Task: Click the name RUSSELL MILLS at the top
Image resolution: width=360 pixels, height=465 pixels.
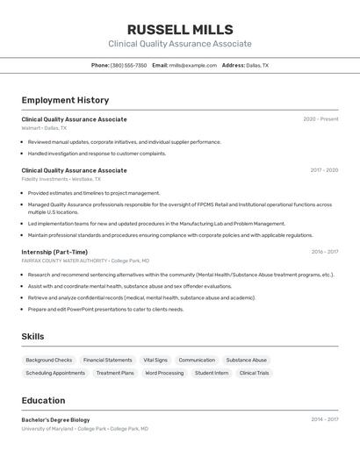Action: [x=180, y=30]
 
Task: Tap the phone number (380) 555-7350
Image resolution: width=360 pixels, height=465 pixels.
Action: [x=128, y=66]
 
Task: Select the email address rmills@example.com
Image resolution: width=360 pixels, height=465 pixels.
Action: [x=192, y=66]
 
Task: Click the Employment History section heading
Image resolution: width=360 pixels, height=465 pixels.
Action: [x=65, y=100]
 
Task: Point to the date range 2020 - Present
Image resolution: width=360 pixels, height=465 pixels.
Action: [x=320, y=119]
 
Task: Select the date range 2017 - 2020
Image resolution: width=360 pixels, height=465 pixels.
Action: [x=323, y=170]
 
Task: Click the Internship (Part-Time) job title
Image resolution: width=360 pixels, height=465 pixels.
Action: [x=54, y=252]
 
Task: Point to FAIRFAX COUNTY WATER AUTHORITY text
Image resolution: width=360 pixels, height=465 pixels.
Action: [x=64, y=261]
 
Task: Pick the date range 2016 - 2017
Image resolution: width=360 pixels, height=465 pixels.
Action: [x=324, y=252]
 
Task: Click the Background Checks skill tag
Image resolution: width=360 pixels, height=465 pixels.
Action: [x=49, y=360]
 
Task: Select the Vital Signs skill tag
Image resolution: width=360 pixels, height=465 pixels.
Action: [x=155, y=360]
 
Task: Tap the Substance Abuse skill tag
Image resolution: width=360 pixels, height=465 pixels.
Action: [x=246, y=360]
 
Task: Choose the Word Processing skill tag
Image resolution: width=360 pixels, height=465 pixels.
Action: [x=164, y=373]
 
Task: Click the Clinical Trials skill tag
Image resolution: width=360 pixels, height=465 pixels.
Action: [x=254, y=373]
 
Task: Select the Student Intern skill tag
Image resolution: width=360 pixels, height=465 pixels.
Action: [x=212, y=373]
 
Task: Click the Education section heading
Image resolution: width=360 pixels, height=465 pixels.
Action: [x=44, y=400]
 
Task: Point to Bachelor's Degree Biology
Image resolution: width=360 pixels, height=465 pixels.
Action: [x=55, y=419]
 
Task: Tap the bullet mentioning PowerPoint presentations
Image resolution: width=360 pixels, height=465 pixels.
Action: [x=105, y=309]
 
